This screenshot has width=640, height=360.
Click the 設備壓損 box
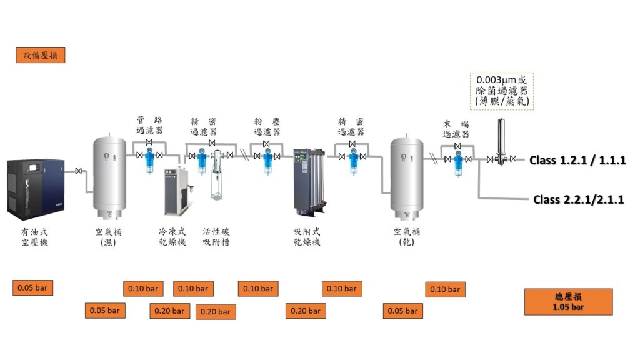point(41,55)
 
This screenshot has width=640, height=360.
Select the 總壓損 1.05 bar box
point(568,301)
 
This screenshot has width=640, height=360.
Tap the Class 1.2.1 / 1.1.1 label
point(577,160)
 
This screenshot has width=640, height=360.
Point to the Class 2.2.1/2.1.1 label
point(579,199)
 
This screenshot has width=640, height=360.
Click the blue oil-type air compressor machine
point(36,186)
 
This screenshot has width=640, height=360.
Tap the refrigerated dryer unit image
point(177,191)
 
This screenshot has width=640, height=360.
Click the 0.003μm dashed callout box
point(502,91)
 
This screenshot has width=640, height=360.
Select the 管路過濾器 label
point(150,125)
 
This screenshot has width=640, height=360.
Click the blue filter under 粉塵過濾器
point(267,162)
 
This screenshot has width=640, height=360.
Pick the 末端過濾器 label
point(456,129)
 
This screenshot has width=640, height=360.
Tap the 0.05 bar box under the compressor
point(33,288)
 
